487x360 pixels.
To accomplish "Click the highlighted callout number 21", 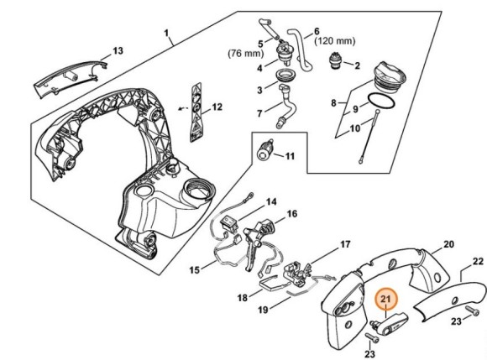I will pyautogui.click(x=386, y=299).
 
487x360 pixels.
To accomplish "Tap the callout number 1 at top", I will pyautogui.click(x=168, y=34).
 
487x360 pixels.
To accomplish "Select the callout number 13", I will pyautogui.click(x=118, y=50).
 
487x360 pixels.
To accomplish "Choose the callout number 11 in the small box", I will pyautogui.click(x=290, y=156).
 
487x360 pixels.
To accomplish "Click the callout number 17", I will pyautogui.click(x=344, y=245).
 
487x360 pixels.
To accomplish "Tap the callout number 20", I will pyautogui.click(x=448, y=244).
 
